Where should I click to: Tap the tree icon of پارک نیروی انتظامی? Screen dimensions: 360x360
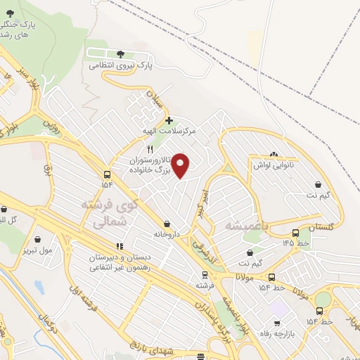120,53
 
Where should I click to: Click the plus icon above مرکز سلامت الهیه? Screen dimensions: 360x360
169,120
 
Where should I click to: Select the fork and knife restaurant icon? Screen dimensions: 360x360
149,150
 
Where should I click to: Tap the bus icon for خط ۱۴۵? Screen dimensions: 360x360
295,233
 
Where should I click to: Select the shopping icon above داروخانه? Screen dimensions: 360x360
166,223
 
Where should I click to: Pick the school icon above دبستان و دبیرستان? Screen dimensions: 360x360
120,246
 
